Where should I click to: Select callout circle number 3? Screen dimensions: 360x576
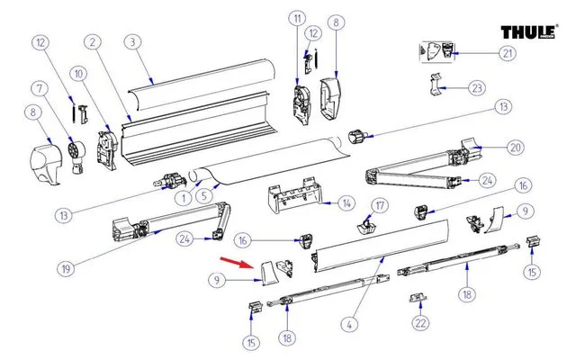[131, 42]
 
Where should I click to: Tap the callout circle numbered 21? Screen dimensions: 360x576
[508, 53]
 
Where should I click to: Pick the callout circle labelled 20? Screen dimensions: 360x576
[514, 148]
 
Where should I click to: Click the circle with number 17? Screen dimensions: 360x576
[380, 206]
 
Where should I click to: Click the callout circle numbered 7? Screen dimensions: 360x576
[40, 89]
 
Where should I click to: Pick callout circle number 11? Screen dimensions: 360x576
[297, 20]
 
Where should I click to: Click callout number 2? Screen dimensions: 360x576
[92, 42]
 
